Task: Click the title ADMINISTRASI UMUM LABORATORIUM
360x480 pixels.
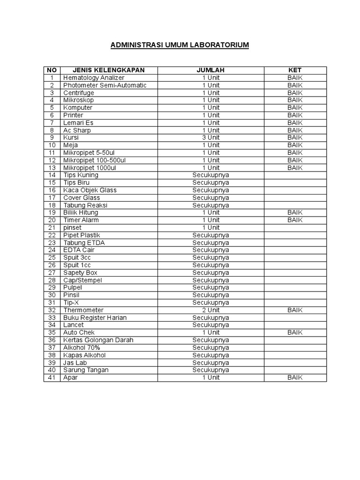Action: coord(180,45)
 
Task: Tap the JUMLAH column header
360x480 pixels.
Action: coord(210,70)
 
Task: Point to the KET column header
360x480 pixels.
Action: coord(295,70)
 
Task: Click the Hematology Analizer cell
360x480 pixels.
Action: coord(94,78)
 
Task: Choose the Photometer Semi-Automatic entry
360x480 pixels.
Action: coord(105,85)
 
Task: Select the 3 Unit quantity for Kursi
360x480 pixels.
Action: coord(210,138)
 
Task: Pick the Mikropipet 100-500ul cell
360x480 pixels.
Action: coord(94,160)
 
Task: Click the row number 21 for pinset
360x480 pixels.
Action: coord(52,228)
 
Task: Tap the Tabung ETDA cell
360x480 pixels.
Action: coord(84,243)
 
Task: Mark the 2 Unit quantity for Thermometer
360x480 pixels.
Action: coord(210,310)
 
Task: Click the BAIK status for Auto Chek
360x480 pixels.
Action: coord(295,333)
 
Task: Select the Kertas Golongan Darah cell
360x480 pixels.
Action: coord(98,340)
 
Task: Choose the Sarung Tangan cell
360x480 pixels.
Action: coord(86,370)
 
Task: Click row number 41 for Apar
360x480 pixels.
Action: coord(52,378)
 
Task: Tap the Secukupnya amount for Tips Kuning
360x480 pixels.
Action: coord(210,175)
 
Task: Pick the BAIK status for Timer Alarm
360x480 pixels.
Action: coord(295,220)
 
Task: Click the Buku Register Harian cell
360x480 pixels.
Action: coord(95,318)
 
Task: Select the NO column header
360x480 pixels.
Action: coord(52,70)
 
